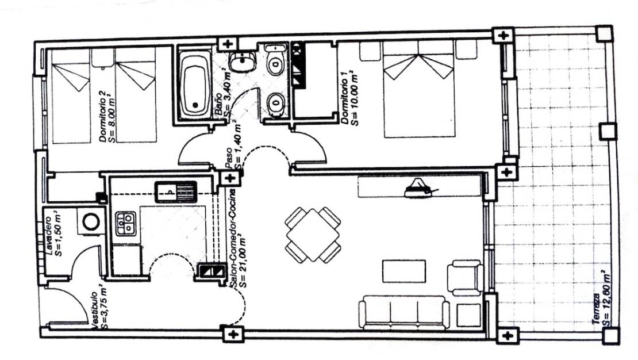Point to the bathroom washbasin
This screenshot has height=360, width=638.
click(x=243, y=62)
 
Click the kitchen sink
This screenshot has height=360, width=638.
click(x=175, y=192)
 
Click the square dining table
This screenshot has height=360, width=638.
click(x=313, y=235)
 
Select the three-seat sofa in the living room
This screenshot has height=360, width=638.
click(x=403, y=312)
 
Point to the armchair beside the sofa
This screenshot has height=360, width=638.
click(x=465, y=278)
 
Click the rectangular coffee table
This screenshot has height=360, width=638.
click(x=403, y=271)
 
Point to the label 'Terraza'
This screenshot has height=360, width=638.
click(x=596, y=309)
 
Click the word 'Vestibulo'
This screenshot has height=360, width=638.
click(x=94, y=311)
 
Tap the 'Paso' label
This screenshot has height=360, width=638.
click(x=229, y=158)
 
